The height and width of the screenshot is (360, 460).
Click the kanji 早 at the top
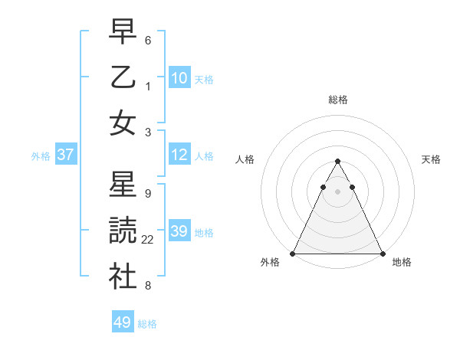(122, 33)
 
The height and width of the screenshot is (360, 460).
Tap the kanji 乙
(122, 77)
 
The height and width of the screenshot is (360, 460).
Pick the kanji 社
(122, 276)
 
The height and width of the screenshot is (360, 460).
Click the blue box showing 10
(179, 77)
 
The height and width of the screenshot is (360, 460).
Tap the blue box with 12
(179, 155)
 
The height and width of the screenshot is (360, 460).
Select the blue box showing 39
(179, 231)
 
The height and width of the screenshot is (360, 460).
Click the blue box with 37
(65, 155)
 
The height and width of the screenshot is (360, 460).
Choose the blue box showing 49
(123, 322)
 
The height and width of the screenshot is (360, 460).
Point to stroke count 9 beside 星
(147, 193)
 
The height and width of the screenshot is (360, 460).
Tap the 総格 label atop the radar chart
(337, 100)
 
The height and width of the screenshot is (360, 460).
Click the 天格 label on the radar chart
(432, 159)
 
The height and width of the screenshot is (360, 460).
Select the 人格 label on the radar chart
(245, 159)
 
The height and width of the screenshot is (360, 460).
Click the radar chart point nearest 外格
(293, 253)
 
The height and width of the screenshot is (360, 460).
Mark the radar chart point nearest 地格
(382, 253)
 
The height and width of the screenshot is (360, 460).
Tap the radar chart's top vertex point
(337, 161)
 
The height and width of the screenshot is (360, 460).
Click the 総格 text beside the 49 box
(147, 323)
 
